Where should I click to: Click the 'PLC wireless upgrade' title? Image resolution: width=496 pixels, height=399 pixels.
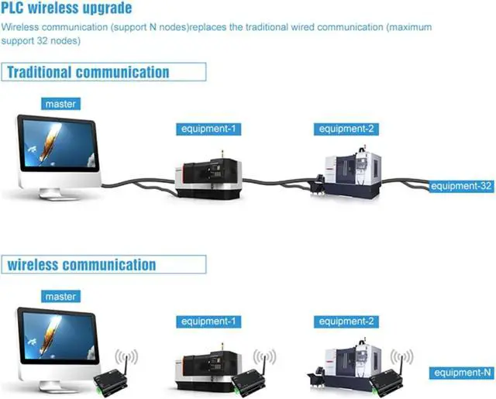67,9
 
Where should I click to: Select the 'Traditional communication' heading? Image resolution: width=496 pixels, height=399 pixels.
88,73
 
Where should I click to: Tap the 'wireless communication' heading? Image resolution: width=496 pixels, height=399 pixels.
81,265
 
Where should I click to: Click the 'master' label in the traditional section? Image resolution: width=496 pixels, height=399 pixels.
61,104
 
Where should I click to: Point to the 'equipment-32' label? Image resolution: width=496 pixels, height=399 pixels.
462,186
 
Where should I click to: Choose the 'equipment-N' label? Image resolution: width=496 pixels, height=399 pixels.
463,373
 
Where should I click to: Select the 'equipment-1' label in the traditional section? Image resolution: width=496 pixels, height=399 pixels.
206,129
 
